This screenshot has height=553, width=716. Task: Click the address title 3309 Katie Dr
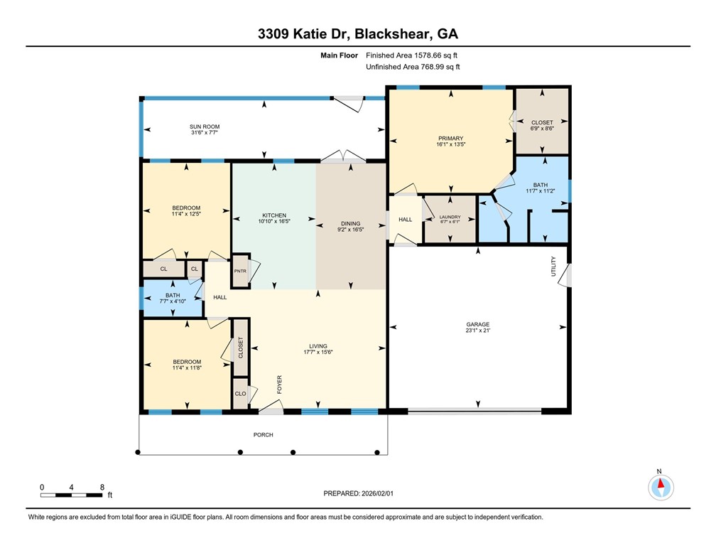357,34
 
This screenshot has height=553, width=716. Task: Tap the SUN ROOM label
205,127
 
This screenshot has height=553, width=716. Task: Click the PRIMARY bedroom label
451,138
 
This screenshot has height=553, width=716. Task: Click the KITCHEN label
274,215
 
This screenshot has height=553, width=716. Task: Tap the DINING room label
350,222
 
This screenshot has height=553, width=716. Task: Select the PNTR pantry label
241,271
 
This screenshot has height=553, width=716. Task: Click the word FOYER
280,385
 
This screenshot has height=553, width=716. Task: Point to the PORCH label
263,435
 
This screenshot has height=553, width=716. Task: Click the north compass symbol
661,487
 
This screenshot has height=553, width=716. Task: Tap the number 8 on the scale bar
102,487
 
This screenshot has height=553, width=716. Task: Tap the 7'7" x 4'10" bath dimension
173,302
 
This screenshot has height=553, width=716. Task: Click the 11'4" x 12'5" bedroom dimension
187,214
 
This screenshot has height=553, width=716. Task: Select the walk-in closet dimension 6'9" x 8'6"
543,129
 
